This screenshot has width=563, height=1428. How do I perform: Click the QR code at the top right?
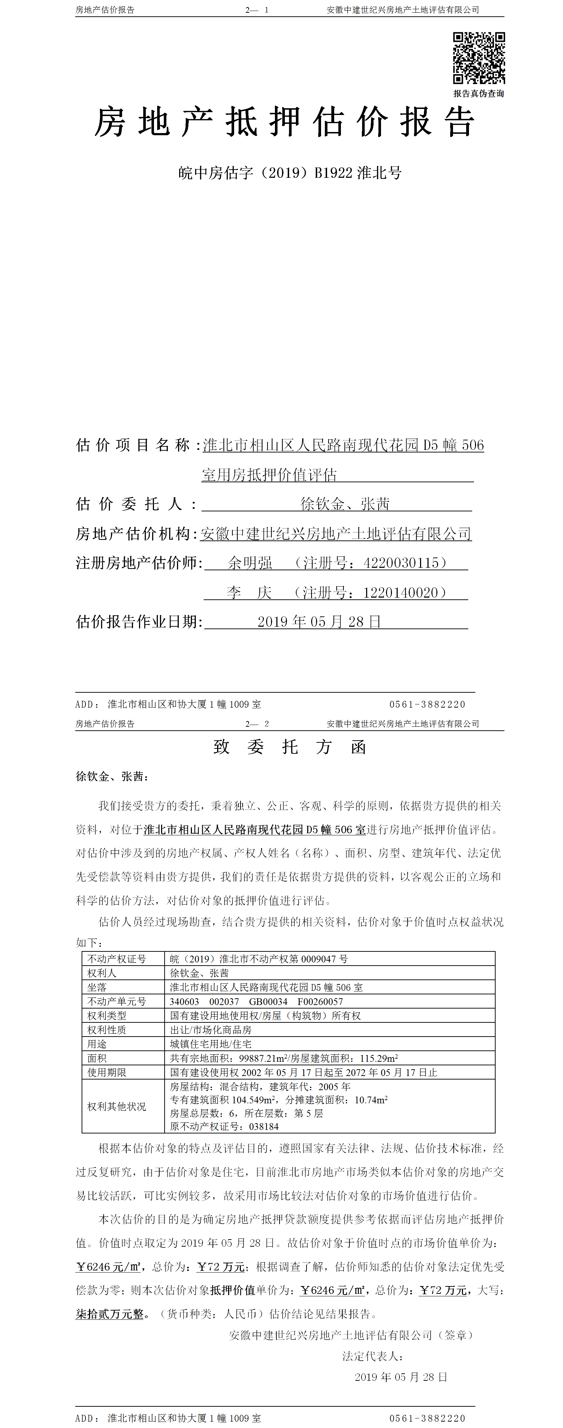point(479,58)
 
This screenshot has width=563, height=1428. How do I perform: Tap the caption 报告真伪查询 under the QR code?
point(479,94)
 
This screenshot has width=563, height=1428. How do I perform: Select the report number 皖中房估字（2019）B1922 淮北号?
point(290,173)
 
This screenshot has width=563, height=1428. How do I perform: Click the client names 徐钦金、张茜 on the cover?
point(345,504)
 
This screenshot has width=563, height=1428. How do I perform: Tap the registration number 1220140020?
point(401,593)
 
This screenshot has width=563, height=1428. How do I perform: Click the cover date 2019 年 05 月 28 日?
point(319,622)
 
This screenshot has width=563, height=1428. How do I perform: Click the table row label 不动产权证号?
point(117,959)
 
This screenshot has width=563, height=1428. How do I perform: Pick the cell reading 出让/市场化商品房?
point(211,1030)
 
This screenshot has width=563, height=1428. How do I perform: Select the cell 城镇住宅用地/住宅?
point(211,1044)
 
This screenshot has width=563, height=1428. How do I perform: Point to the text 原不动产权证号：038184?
point(224,1126)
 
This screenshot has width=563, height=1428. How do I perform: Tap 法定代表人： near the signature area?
point(373,1356)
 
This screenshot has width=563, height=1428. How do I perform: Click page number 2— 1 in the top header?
point(257,10)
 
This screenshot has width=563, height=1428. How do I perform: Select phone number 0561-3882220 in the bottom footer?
point(427,1418)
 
